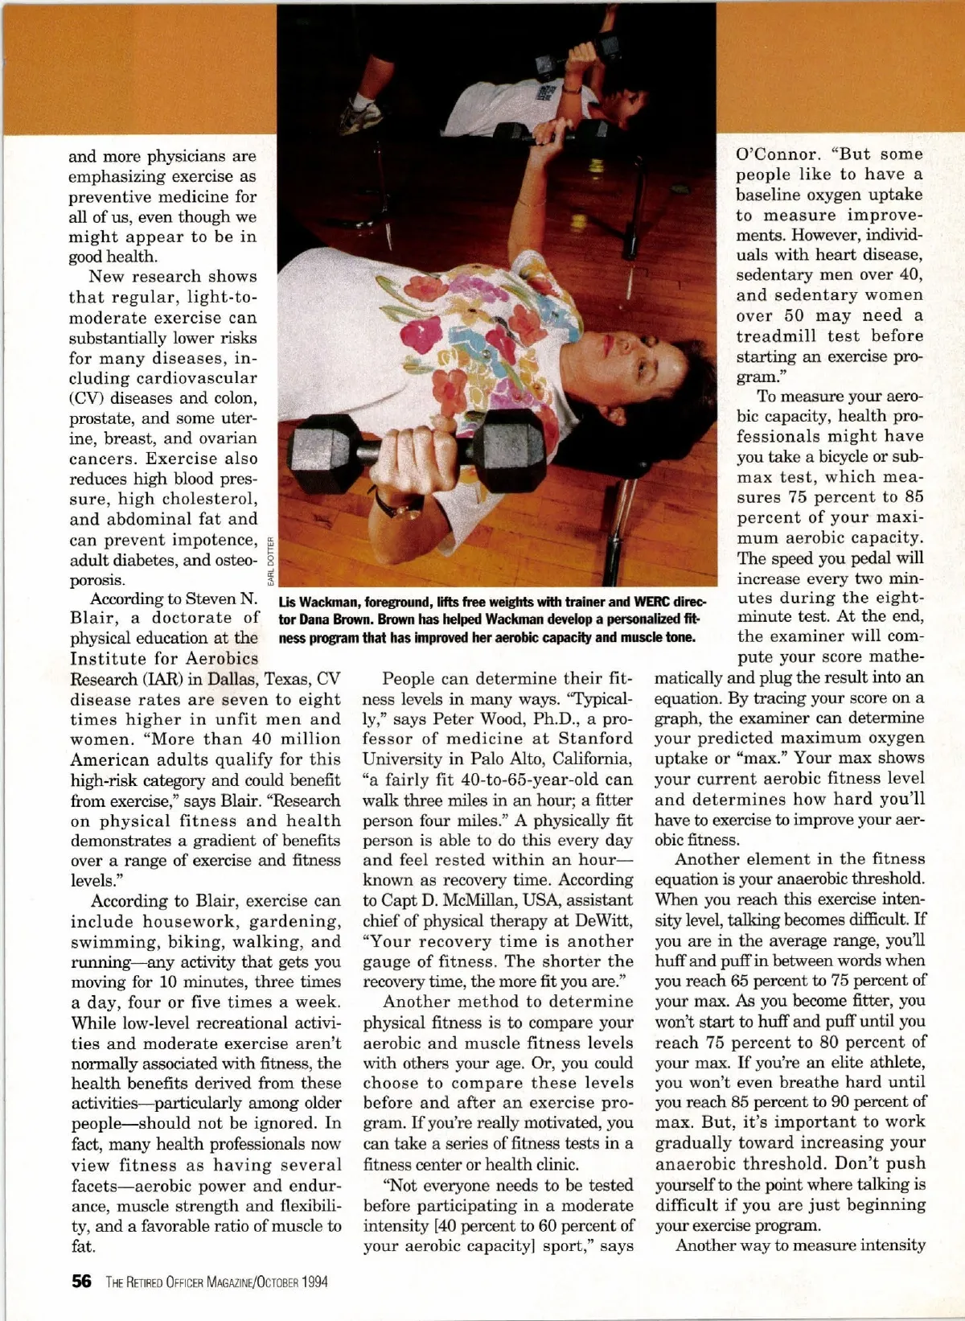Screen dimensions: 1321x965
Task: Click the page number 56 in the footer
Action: (81, 1282)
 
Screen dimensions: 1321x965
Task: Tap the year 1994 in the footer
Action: (314, 1282)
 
